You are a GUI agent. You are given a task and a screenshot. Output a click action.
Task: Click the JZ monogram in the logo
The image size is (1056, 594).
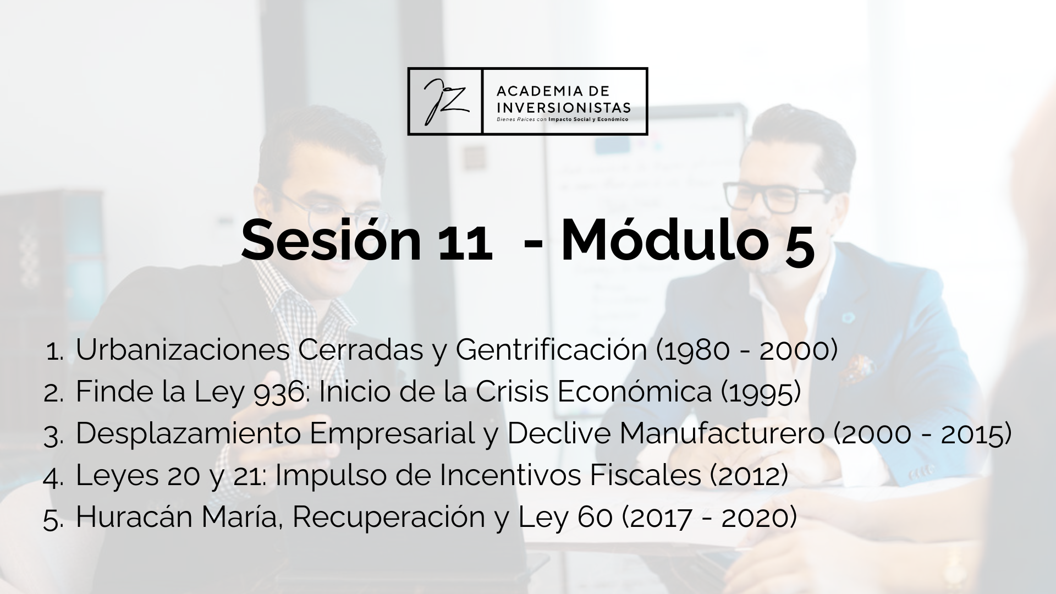pyautogui.click(x=445, y=101)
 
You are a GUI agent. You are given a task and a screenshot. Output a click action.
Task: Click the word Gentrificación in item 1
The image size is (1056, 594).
pyautogui.click(x=552, y=349)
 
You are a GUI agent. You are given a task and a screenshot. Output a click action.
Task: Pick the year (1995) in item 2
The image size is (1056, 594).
pyautogui.click(x=760, y=392)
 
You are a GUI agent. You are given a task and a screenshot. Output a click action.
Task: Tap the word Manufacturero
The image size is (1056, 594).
pyautogui.click(x=722, y=433)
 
